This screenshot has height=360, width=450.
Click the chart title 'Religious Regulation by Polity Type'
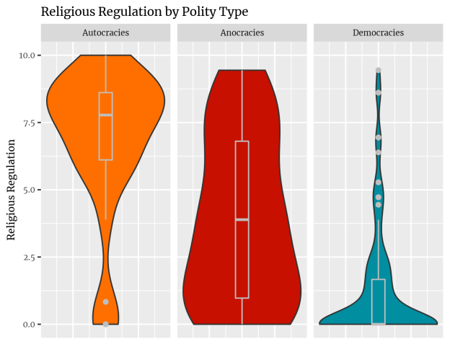pyautogui.click(x=144, y=12)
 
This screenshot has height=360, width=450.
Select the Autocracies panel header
pyautogui.click(x=105, y=33)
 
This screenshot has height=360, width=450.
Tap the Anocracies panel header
pyautogui.click(x=242, y=33)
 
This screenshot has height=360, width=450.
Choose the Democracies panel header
pyautogui.click(x=378, y=33)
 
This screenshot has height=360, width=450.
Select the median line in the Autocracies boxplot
pyautogui.click(x=105, y=115)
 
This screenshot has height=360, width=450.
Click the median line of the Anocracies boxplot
pyautogui.click(x=242, y=219)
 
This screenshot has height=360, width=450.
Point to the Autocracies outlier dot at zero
pyautogui.click(x=105, y=324)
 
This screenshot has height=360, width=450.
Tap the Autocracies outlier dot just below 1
pyautogui.click(x=105, y=302)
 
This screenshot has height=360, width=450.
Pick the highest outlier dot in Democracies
pyautogui.click(x=378, y=70)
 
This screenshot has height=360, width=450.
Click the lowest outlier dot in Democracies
pyautogui.click(x=378, y=204)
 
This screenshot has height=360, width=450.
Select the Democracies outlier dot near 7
pyautogui.click(x=378, y=137)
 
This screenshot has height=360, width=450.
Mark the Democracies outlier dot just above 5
pyautogui.click(x=378, y=183)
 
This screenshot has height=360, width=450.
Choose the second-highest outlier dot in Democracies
pyautogui.click(x=378, y=92)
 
